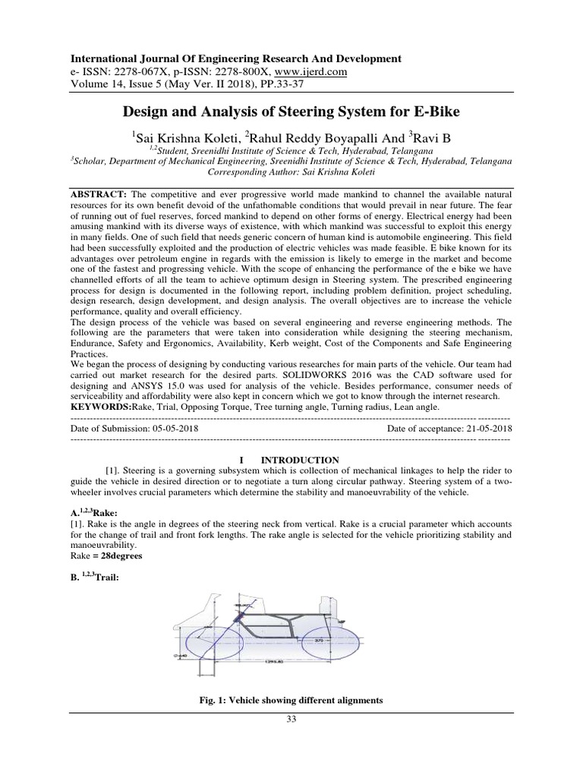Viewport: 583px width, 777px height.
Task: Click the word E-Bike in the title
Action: pos(432,112)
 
